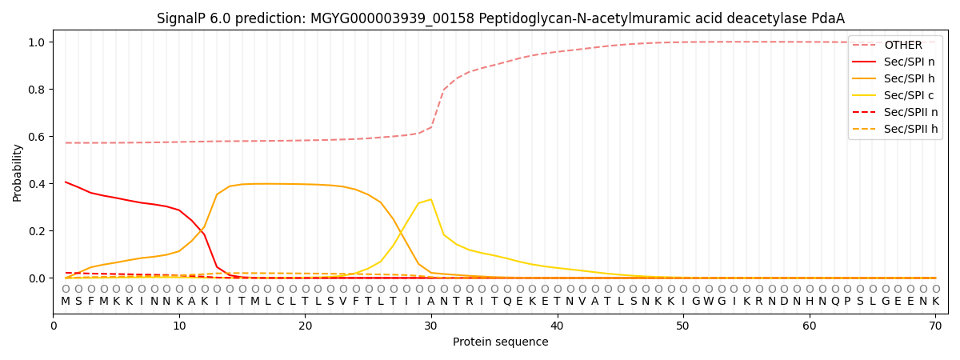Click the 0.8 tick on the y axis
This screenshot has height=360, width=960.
(x=38, y=90)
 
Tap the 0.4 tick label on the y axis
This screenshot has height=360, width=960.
(x=38, y=184)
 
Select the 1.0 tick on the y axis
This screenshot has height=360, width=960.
(x=38, y=42)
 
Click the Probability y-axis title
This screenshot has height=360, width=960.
(x=18, y=172)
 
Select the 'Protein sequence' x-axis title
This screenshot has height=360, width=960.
(x=500, y=342)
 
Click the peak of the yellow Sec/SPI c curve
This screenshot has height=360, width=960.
(x=430, y=199)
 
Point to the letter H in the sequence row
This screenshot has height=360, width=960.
(x=810, y=302)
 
